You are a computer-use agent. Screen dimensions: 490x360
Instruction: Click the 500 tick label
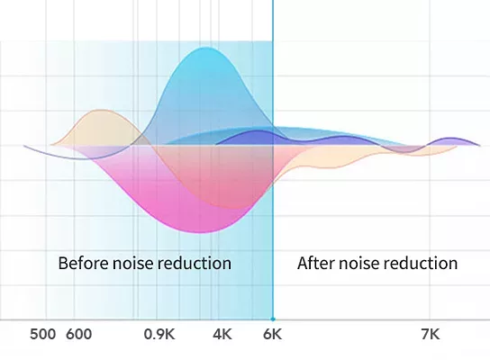coord(43,335)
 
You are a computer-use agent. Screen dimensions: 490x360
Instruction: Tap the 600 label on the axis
coord(78,335)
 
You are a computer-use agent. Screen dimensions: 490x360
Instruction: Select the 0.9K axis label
coord(159,335)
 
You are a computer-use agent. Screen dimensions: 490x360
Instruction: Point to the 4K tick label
coord(222,335)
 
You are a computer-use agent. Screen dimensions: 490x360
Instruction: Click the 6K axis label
coord(273,335)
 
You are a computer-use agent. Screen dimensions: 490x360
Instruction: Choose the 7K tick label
coord(431,335)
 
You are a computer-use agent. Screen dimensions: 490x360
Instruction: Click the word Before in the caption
coord(84,263)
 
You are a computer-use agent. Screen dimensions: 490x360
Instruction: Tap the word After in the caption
coord(316,263)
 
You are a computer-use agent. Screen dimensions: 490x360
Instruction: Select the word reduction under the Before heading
coord(194,263)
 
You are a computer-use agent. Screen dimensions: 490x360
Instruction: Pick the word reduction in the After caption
coord(421,263)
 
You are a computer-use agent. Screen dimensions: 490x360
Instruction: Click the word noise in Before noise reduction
coord(132,263)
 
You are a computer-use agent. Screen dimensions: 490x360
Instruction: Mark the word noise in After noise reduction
coord(359,263)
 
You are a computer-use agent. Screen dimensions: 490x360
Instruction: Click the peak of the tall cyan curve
coord(205,48)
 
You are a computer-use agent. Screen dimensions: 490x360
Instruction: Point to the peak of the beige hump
coord(100,110)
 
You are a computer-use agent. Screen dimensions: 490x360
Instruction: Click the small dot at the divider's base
coord(273,319)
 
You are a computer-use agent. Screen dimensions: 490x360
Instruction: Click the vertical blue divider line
coord(273,159)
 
